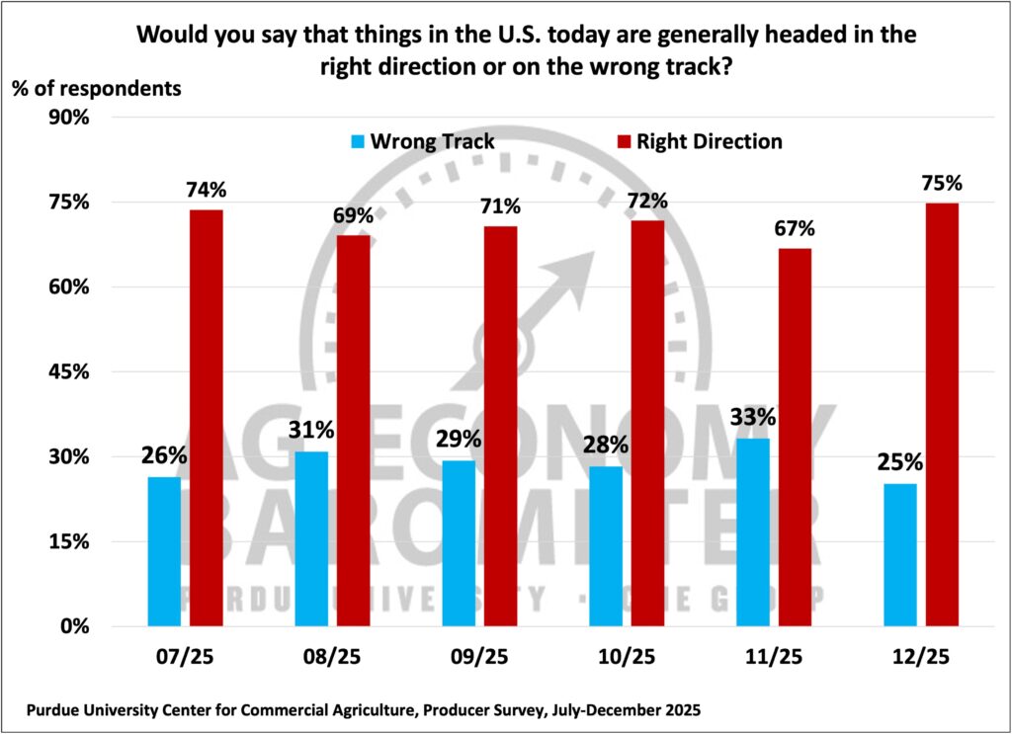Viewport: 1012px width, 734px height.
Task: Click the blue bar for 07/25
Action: click(164, 551)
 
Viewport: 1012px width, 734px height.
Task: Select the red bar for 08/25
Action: click(354, 431)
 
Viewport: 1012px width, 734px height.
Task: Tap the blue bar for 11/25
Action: click(753, 532)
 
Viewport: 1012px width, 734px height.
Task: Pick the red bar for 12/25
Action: click(942, 415)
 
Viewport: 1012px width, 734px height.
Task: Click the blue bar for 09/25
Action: click(459, 543)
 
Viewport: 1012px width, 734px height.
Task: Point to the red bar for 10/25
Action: click(648, 424)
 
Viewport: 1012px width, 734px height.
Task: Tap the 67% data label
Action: click(796, 229)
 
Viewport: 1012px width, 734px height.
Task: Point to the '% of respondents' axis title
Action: click(97, 87)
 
